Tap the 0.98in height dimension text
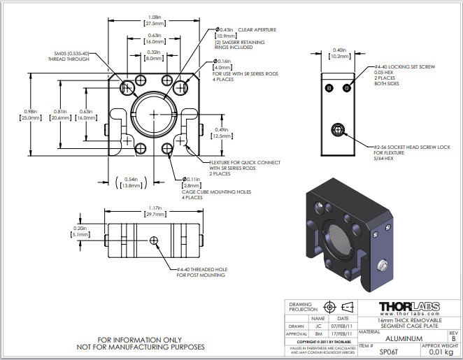click(26, 115)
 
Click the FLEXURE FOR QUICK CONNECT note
click(244, 162)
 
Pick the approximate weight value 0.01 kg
click(441, 353)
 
